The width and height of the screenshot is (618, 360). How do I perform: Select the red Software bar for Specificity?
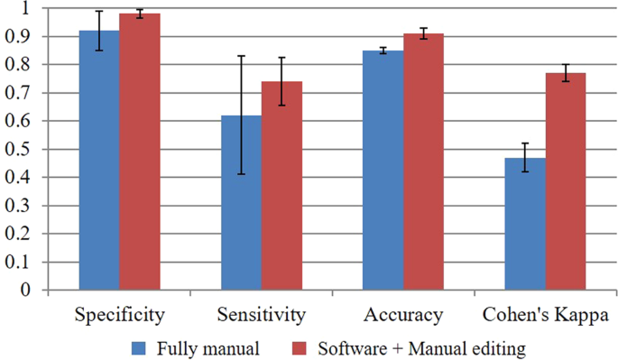(x=140, y=152)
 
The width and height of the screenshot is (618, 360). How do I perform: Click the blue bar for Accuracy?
(x=383, y=171)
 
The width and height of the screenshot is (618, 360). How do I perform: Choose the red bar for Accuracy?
(x=424, y=162)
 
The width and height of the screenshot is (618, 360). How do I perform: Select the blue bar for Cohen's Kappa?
(x=525, y=225)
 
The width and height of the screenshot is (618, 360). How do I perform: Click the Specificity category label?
(x=119, y=315)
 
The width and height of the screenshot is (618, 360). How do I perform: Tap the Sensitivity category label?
(x=262, y=315)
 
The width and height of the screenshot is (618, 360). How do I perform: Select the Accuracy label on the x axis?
(x=403, y=315)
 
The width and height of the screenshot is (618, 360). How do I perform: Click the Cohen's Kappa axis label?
(x=545, y=315)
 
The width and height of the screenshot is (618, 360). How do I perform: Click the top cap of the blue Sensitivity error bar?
(x=241, y=56)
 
